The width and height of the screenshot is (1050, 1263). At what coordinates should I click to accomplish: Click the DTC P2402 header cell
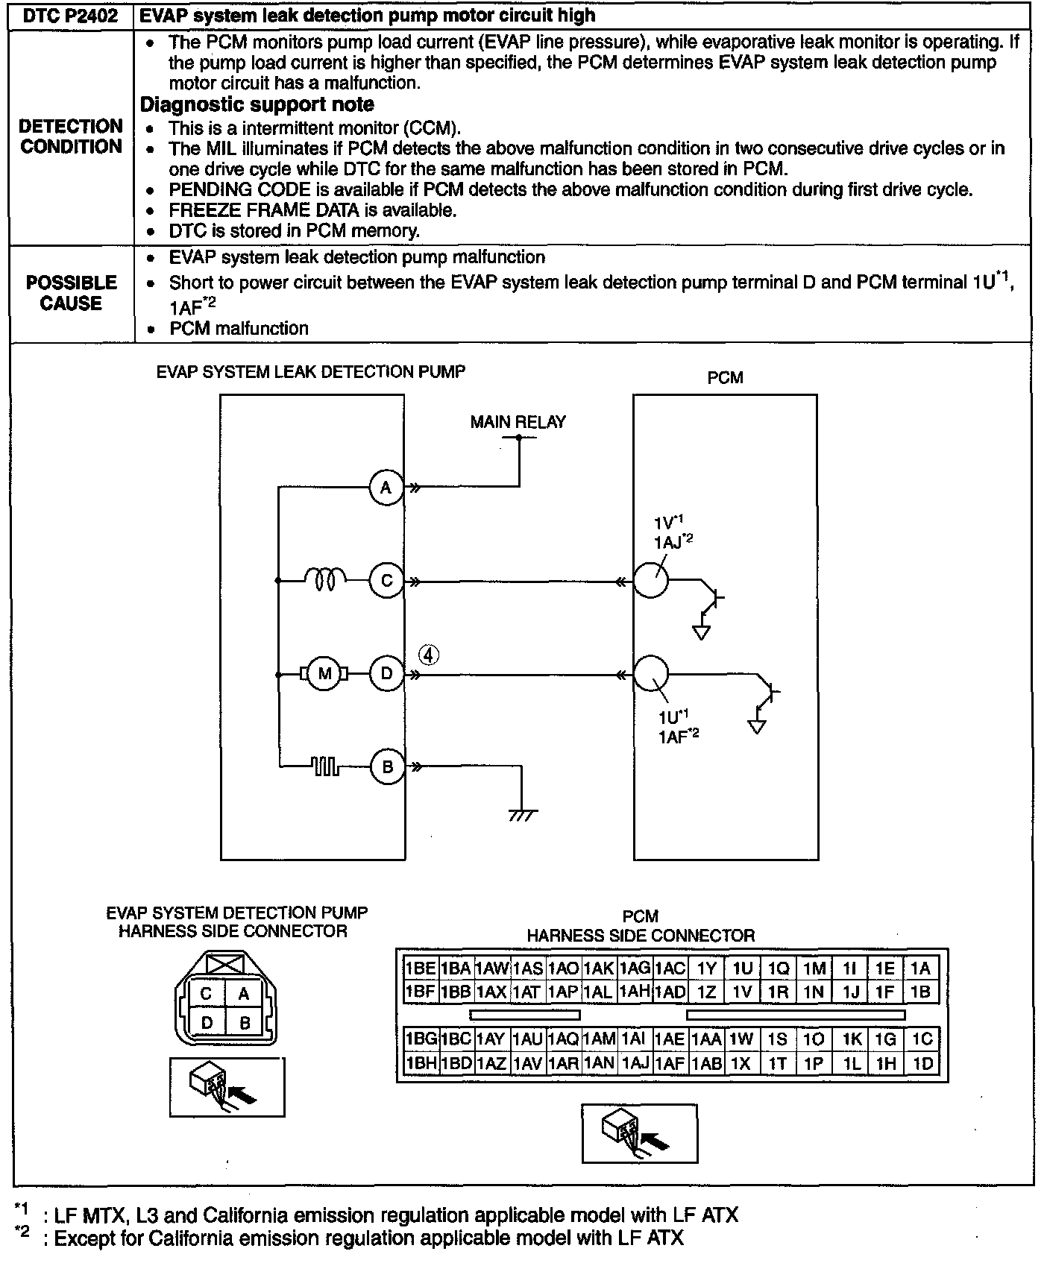(71, 16)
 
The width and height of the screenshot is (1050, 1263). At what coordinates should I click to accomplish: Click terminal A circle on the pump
(386, 488)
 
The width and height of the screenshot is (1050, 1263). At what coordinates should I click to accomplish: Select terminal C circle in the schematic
(386, 581)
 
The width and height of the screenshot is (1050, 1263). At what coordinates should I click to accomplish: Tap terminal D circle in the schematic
(386, 674)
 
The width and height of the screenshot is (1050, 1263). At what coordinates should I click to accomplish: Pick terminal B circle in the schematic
(386, 766)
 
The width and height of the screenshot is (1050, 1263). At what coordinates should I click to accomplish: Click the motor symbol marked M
(324, 674)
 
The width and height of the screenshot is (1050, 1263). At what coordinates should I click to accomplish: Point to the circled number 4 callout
(428, 655)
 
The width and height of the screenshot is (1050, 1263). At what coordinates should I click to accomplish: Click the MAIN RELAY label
(518, 422)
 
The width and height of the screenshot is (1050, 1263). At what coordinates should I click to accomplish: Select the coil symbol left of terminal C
(325, 579)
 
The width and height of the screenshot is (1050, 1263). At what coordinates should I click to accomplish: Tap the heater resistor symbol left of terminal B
(325, 766)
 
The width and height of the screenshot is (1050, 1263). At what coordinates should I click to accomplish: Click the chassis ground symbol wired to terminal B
(522, 815)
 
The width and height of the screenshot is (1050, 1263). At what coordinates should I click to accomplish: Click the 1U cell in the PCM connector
(742, 968)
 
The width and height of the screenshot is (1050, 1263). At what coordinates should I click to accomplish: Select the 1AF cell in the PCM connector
(670, 1063)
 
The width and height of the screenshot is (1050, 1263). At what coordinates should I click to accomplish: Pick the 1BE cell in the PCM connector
(420, 968)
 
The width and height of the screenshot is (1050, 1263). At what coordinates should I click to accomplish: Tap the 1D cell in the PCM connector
(922, 1063)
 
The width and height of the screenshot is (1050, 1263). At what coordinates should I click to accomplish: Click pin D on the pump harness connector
(207, 1023)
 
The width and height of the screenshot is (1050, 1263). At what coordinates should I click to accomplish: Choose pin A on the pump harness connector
(243, 994)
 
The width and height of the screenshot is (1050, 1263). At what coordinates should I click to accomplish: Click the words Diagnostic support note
(257, 104)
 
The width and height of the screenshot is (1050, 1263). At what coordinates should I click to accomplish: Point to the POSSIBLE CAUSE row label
(72, 293)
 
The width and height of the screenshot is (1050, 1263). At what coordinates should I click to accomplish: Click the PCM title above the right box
(725, 378)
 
